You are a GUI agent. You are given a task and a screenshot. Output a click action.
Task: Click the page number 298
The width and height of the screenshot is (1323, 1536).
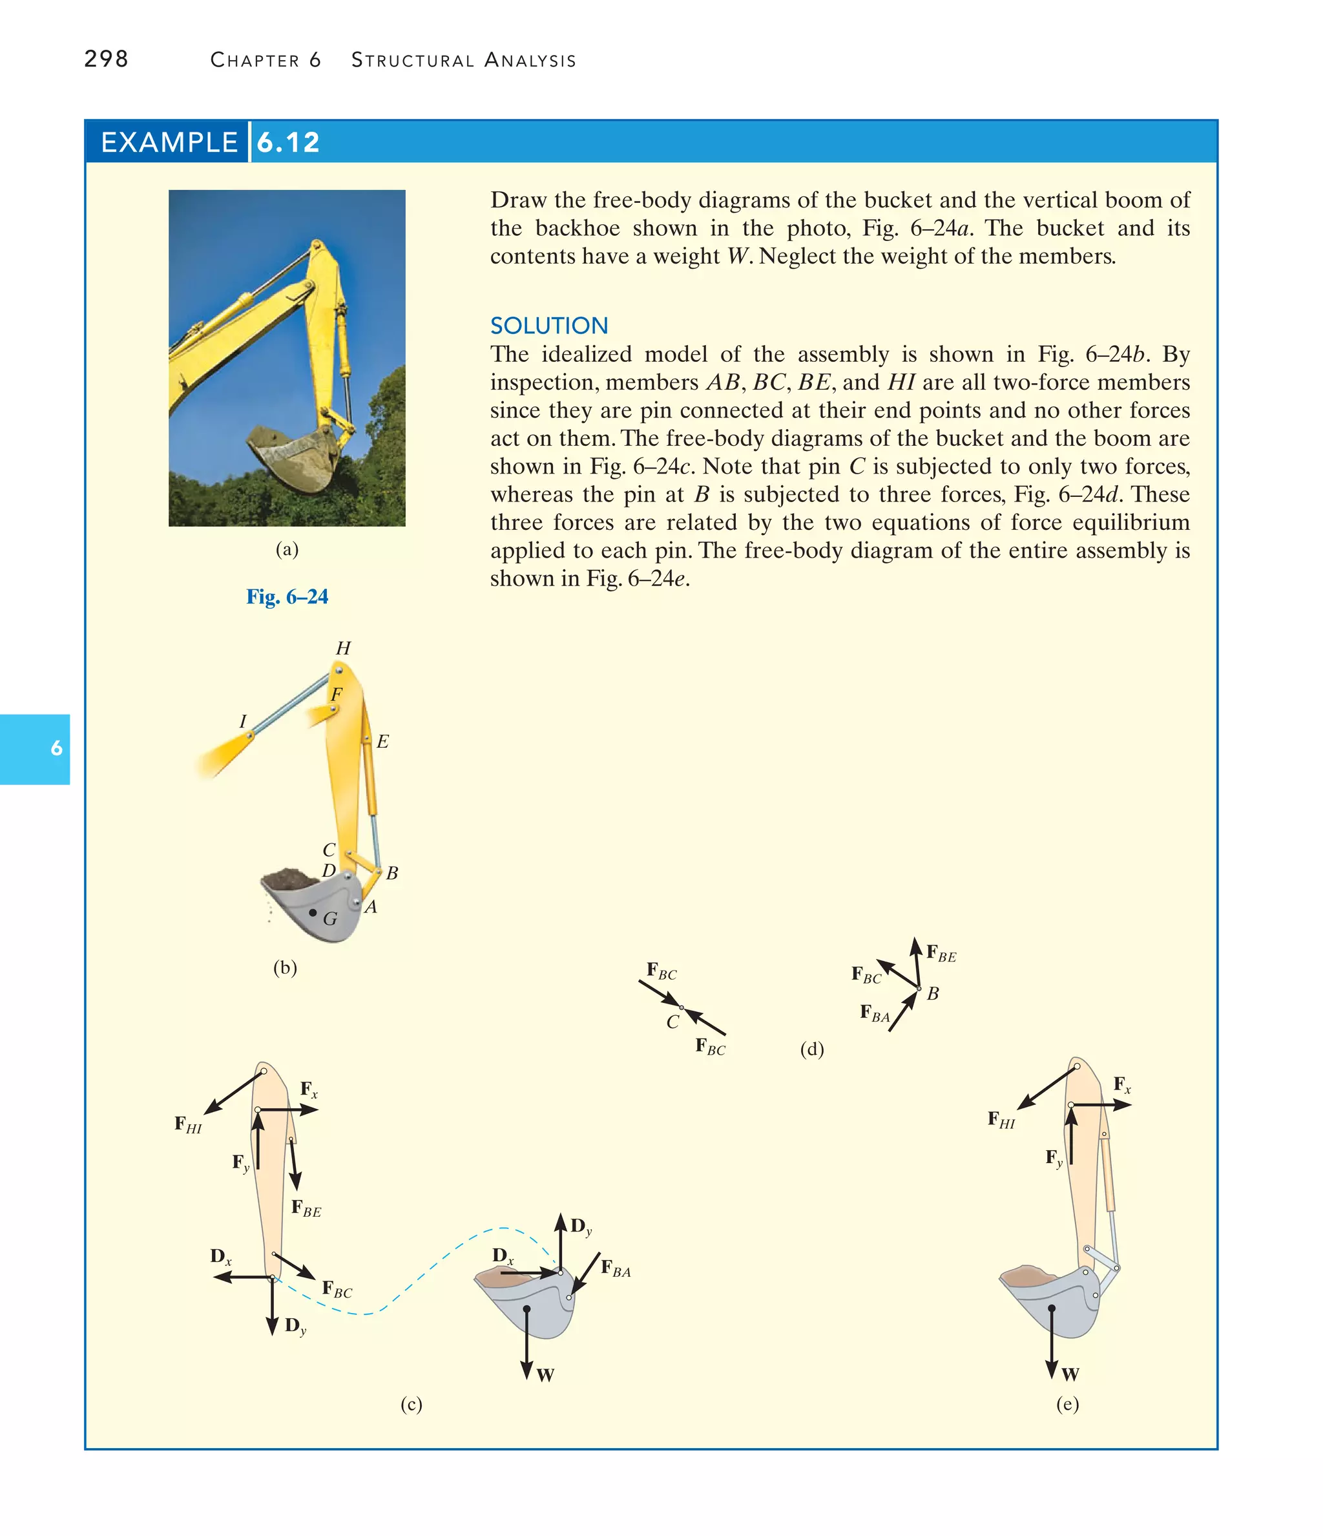(x=106, y=59)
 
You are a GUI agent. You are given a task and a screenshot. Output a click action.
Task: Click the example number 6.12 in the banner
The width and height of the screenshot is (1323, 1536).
(x=287, y=142)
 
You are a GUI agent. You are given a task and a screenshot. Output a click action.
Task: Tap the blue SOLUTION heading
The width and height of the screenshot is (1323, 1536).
(x=548, y=326)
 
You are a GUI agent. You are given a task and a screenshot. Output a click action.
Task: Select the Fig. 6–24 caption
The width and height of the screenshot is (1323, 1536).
(x=287, y=596)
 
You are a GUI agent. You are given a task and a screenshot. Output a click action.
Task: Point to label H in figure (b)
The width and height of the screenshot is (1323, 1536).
(x=342, y=648)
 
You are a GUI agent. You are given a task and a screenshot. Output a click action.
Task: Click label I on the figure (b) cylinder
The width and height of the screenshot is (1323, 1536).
(x=242, y=721)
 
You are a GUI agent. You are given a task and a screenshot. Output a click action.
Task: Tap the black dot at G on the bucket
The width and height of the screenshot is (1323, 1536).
(x=313, y=912)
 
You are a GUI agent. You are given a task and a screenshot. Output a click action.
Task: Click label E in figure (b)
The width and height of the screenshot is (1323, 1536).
(x=382, y=741)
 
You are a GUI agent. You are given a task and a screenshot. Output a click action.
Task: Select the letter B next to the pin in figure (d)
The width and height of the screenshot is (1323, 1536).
(x=932, y=993)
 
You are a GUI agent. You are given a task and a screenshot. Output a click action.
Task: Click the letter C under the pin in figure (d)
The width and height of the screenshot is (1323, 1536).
(x=672, y=1022)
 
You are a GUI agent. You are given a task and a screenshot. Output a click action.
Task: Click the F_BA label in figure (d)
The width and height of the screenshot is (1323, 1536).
(x=875, y=1013)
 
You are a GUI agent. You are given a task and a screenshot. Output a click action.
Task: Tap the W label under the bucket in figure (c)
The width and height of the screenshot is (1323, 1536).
(x=545, y=1375)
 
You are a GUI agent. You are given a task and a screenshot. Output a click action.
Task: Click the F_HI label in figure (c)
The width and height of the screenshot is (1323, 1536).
(x=187, y=1124)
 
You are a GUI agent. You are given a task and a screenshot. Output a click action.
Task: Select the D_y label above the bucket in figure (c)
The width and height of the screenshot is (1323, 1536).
(x=580, y=1226)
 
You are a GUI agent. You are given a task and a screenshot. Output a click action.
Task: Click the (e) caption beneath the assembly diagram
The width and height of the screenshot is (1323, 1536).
(x=1067, y=1404)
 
